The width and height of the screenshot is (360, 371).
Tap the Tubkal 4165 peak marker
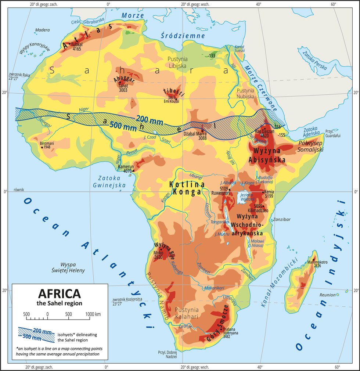[69, 44]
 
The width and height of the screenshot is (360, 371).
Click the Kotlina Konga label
[185, 188]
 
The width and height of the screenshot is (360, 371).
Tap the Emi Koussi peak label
[172, 101]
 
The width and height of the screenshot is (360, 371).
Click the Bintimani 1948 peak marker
[42, 147]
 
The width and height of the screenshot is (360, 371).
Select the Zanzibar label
[281, 219]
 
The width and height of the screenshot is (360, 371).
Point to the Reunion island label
[327, 295]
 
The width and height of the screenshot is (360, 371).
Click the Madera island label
[43, 30]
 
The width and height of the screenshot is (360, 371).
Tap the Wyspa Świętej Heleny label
[72, 267]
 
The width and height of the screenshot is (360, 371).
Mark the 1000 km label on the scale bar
[93, 314]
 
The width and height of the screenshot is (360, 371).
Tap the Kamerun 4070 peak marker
[133, 170]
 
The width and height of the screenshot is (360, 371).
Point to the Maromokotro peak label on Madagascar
[315, 262]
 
